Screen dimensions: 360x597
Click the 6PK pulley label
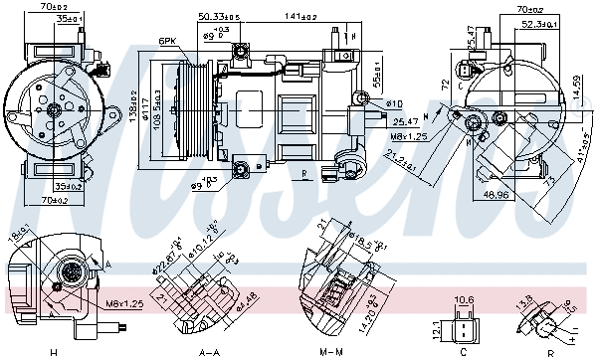pyautogui.click(x=166, y=41)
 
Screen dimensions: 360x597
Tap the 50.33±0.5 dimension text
pyautogui.click(x=219, y=16)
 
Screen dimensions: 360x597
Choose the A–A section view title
pyautogui.click(x=209, y=352)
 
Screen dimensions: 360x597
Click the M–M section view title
pyautogui.click(x=338, y=352)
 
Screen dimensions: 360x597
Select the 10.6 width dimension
pyautogui.click(x=463, y=299)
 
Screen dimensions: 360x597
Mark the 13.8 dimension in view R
pyautogui.click(x=524, y=301)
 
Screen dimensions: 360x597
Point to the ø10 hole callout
pyautogui.click(x=394, y=103)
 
